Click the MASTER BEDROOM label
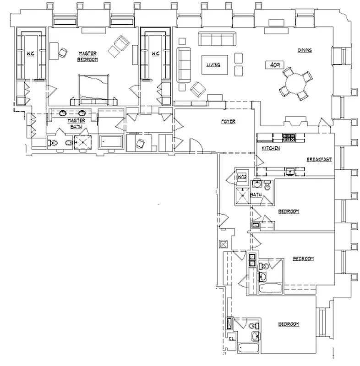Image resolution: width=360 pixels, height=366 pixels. [87, 56]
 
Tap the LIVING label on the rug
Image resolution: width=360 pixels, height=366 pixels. [213, 65]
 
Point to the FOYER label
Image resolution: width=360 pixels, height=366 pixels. [228, 121]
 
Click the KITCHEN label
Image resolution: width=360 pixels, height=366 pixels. [271, 148]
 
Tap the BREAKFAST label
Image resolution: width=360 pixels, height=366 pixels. [319, 159]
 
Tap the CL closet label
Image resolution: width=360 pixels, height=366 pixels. [232, 339]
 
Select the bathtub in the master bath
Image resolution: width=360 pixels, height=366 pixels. [111, 142]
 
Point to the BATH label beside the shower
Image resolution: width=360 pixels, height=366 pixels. [256, 195]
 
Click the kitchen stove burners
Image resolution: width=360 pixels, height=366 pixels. [289, 136]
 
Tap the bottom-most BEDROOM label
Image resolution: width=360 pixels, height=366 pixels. [289, 324]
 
